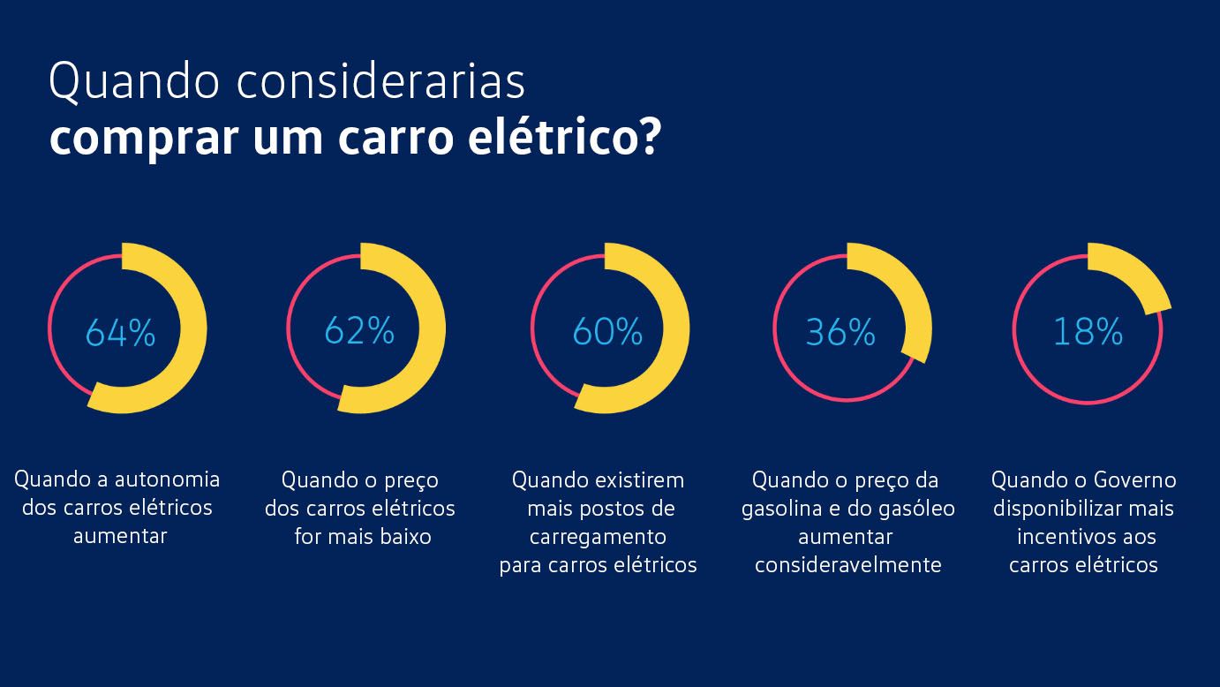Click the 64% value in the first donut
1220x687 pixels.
[120, 333]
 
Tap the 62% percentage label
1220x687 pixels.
[358, 330]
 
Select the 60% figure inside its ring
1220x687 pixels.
[607, 332]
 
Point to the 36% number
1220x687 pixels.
[840, 333]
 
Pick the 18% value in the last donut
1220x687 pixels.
[1088, 332]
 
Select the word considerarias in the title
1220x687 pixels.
[381, 82]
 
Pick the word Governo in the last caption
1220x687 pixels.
[1134, 479]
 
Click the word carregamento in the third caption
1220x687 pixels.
[598, 537]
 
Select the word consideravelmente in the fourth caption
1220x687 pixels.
[847, 565]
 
